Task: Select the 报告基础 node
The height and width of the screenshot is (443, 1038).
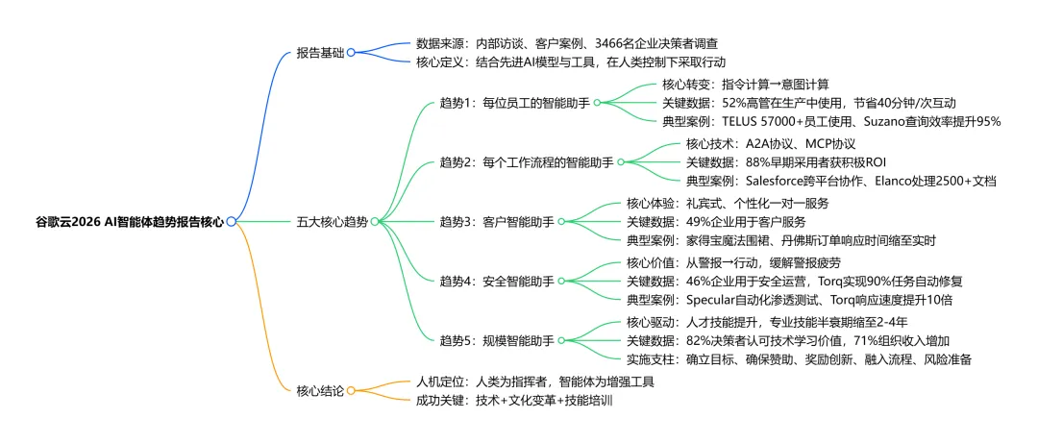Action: (x=319, y=53)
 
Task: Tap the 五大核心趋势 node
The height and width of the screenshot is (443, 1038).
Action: (x=331, y=221)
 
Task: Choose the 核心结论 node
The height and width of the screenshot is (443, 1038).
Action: (x=319, y=390)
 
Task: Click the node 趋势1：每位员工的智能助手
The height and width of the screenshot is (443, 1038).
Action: (x=514, y=102)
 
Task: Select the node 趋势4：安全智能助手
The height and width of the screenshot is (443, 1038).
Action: (x=496, y=281)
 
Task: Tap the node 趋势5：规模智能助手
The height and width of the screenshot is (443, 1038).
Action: (x=496, y=340)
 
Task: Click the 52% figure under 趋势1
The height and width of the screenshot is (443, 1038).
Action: (x=733, y=102)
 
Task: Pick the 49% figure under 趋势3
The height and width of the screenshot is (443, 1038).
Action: (x=699, y=221)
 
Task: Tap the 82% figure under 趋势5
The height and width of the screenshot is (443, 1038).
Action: (x=699, y=340)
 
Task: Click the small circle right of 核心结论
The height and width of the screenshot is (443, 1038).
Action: (x=351, y=390)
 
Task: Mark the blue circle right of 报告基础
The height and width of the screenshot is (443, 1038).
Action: (x=351, y=53)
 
